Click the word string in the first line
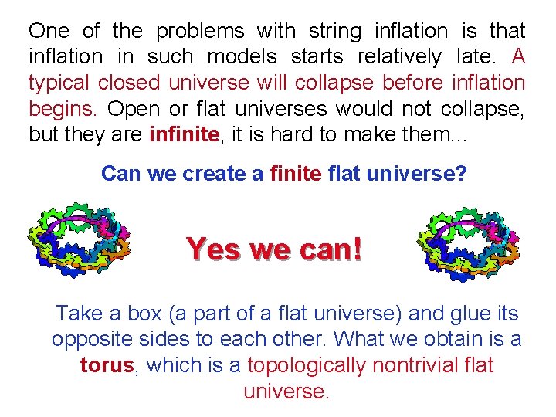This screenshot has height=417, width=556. coord(334,32)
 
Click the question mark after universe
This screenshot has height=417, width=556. coord(461,173)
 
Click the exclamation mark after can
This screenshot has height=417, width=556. coord(355,249)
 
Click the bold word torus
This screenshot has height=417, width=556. coord(107,364)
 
